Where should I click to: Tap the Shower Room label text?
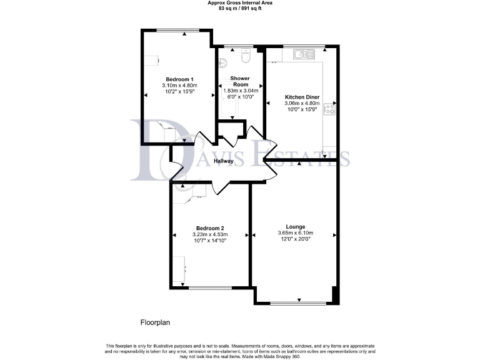240,81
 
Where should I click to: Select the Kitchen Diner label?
302,97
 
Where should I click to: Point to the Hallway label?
223,161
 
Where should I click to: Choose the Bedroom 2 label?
210,228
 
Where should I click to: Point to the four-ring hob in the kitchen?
329,109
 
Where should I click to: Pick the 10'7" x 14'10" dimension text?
210,241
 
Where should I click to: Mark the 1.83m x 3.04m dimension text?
240,91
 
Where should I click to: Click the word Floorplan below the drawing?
155,323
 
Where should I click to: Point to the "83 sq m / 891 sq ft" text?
240,9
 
